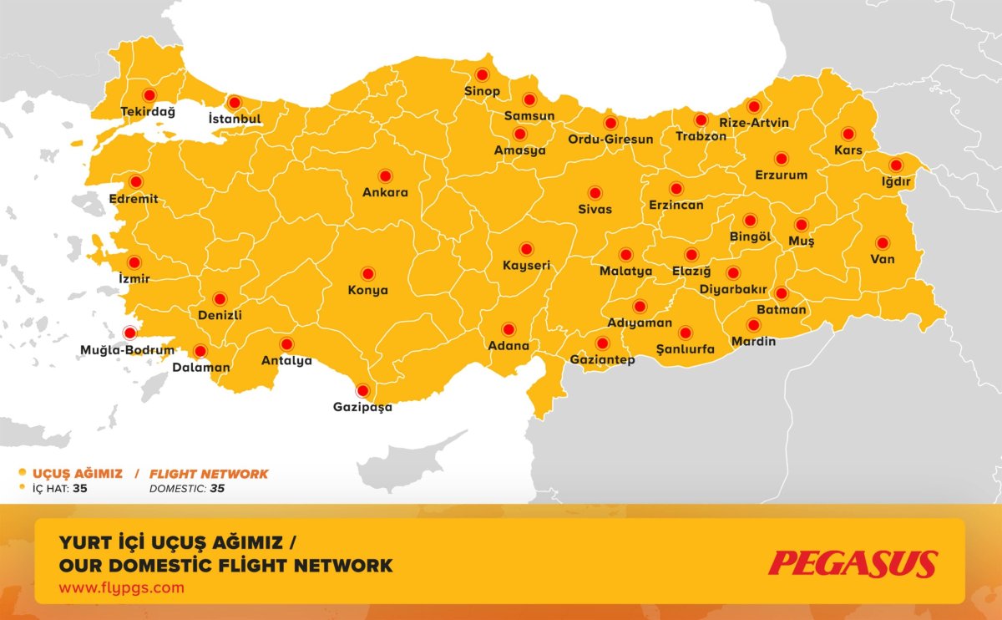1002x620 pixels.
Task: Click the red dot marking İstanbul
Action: pyautogui.click(x=235, y=102)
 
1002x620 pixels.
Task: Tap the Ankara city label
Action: pyautogui.click(x=385, y=193)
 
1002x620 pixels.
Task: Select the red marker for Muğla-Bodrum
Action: pyautogui.click(x=129, y=332)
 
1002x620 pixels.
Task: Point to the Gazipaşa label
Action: pyautogui.click(x=362, y=408)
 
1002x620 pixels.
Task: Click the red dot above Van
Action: pyautogui.click(x=883, y=243)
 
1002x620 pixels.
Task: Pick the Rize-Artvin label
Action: pyautogui.click(x=754, y=123)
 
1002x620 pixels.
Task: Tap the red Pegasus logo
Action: pyautogui.click(x=853, y=563)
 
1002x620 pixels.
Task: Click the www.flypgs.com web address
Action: pyautogui.click(x=121, y=587)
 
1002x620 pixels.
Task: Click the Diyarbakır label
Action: pyautogui.click(x=733, y=289)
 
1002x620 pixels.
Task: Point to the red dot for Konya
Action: pyautogui.click(x=367, y=273)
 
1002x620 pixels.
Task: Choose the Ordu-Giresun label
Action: pyautogui.click(x=610, y=140)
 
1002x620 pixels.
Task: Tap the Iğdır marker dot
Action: pyautogui.click(x=896, y=165)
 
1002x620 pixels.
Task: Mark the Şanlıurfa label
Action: pyautogui.click(x=686, y=349)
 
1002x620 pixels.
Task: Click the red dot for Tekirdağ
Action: pyautogui.click(x=150, y=95)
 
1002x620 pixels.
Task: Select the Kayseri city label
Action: pyautogui.click(x=526, y=266)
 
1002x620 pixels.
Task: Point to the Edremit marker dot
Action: pyautogui.click(x=135, y=181)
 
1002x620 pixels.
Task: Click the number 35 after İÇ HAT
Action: pyautogui.click(x=80, y=489)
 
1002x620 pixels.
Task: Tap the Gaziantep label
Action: pyautogui.click(x=602, y=360)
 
